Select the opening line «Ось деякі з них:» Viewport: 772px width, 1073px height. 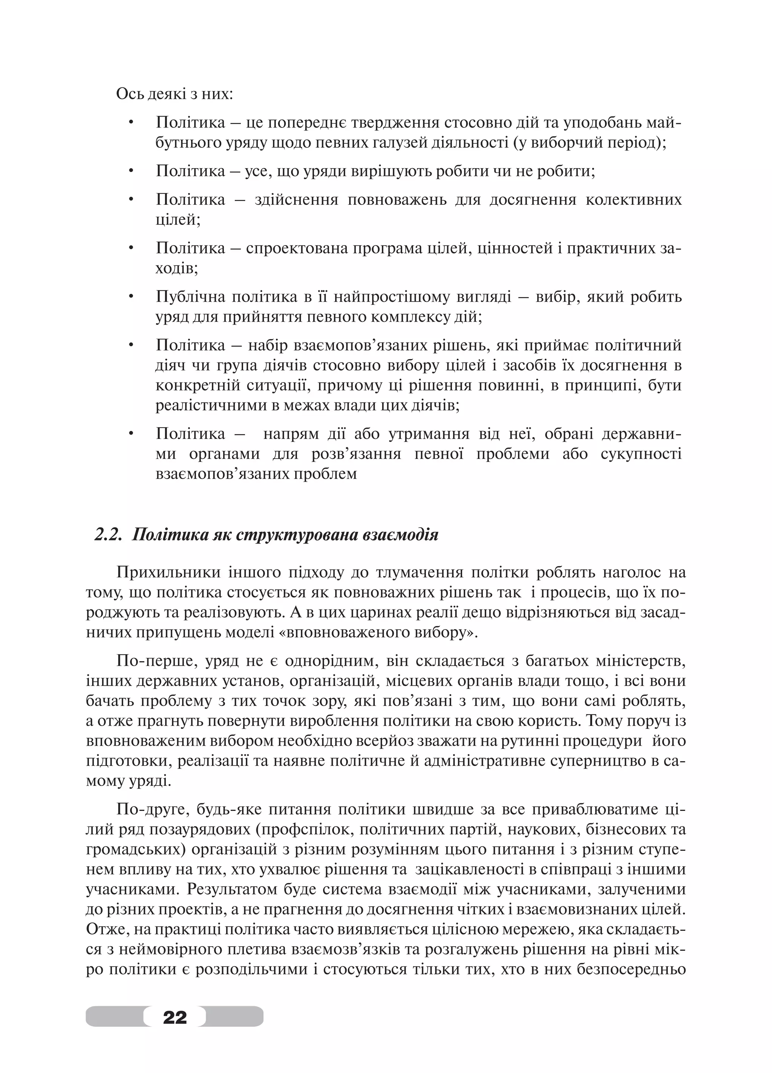click(175, 94)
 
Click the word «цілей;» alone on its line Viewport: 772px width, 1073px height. click(178, 220)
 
